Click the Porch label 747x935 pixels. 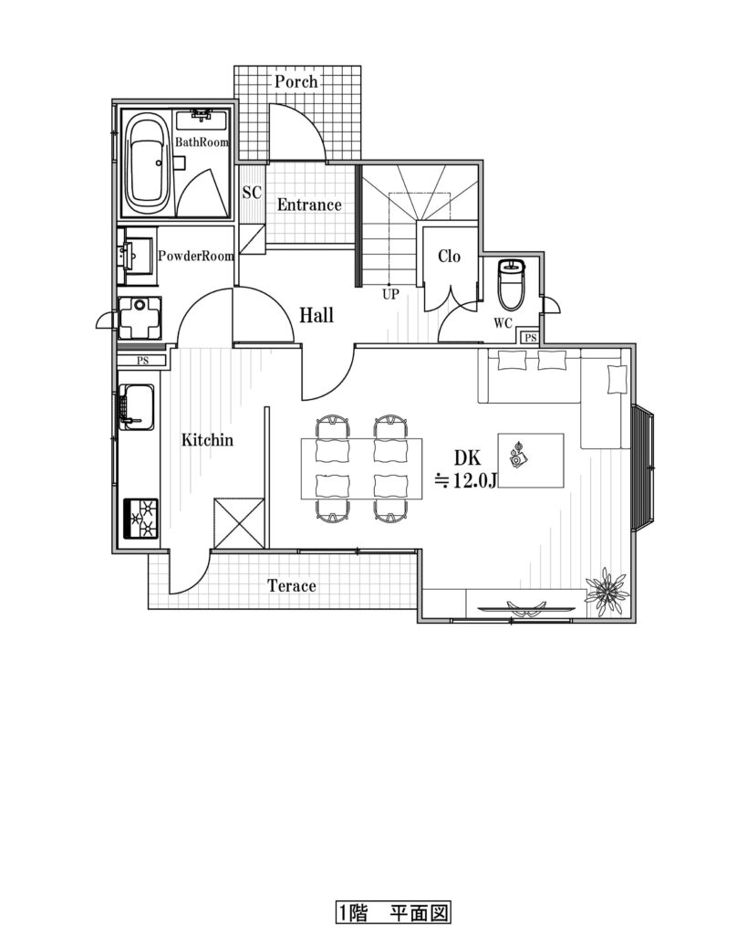click(296, 81)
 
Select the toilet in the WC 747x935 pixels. click(511, 285)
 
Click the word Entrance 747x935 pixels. click(309, 205)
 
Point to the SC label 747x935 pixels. click(252, 193)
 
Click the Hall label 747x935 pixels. click(316, 315)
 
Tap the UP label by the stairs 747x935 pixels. click(390, 294)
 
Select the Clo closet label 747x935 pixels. click(449, 257)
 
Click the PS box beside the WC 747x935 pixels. click(530, 338)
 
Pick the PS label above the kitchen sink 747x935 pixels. click(142, 360)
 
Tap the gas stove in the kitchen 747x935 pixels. click(140, 518)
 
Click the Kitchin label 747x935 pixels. click(207, 440)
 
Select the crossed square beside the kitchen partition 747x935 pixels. click(239, 523)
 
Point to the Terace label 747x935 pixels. click(292, 585)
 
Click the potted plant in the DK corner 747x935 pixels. click(607, 591)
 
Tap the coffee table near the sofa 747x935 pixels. click(531, 460)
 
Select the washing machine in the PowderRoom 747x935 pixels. click(140, 318)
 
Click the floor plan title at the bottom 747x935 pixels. click(392, 912)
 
